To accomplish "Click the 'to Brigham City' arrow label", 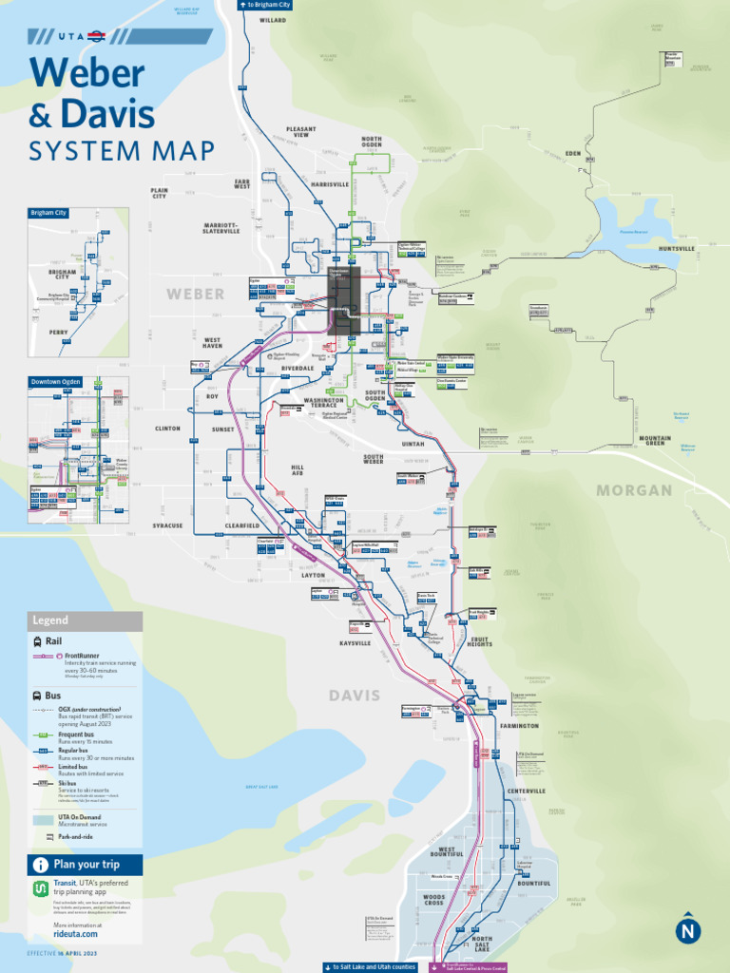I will (265, 5).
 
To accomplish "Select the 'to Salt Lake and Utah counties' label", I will (370, 966).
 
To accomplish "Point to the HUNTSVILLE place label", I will (677, 249).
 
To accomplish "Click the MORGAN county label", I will (634, 490).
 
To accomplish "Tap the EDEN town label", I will (572, 153).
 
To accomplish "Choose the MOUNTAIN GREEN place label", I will (655, 441).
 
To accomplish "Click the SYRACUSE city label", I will (167, 525).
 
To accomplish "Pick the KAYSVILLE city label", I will (355, 643).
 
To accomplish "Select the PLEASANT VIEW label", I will (300, 133).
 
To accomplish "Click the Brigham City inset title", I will (48, 213).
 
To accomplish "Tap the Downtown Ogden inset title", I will (54, 382).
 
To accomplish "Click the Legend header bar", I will (85, 620).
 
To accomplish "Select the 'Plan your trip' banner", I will (85, 865).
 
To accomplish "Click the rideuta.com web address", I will (75, 934).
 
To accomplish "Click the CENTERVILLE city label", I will (526, 791).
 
